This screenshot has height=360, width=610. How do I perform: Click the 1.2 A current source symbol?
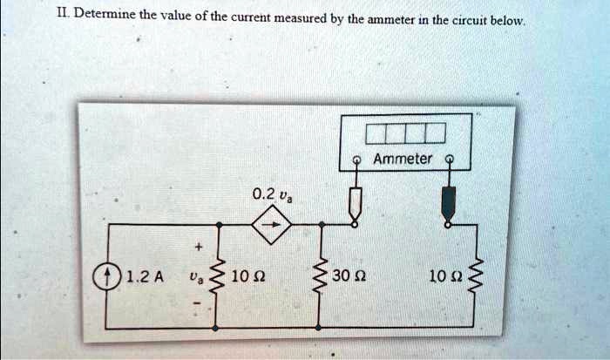(107, 279)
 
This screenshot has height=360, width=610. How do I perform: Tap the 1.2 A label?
(139, 279)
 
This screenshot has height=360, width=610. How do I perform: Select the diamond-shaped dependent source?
(268, 226)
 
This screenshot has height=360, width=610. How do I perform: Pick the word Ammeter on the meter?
(402, 158)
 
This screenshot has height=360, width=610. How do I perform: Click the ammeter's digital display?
(405, 134)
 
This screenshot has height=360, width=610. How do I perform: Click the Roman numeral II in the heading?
(13, 14)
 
